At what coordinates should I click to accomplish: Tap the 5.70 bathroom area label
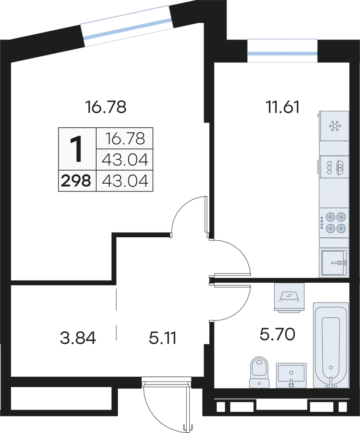[x=277, y=334]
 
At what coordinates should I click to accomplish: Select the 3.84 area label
[x=78, y=338]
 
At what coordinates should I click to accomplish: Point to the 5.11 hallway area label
[x=162, y=338]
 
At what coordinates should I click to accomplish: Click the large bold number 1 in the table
[x=76, y=149]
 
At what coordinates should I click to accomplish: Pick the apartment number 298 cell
[x=76, y=181]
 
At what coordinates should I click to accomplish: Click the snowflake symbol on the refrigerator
[x=334, y=126]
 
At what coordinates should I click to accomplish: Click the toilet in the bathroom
[x=259, y=373]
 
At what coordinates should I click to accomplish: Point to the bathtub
[x=331, y=345]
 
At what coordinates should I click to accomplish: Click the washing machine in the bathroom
[x=289, y=298]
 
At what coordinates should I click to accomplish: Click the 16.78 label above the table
[x=106, y=107]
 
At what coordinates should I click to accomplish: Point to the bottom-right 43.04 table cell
[x=125, y=181]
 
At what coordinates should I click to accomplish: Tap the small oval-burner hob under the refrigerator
[x=334, y=168]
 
